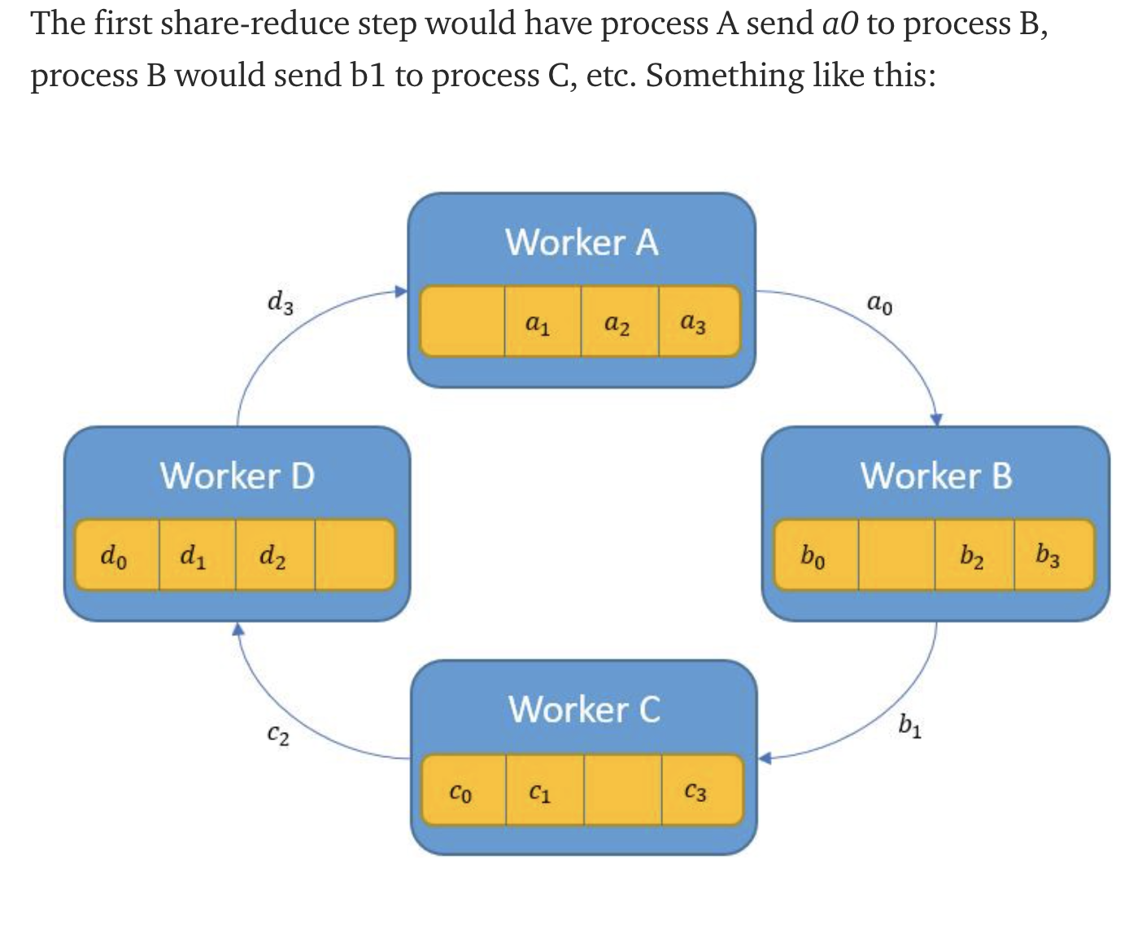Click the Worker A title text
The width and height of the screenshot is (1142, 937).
(x=582, y=242)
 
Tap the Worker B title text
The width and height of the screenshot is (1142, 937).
(x=936, y=476)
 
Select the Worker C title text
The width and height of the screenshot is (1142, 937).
(x=584, y=709)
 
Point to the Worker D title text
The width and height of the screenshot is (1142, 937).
(x=237, y=476)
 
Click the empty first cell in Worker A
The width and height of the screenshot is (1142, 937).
(x=462, y=321)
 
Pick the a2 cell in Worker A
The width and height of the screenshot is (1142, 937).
(x=619, y=321)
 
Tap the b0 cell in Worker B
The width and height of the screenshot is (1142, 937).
(x=815, y=555)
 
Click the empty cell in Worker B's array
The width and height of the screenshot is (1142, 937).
(x=896, y=555)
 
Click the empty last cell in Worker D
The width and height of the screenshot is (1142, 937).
(x=354, y=555)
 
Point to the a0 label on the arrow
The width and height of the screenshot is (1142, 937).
(x=879, y=304)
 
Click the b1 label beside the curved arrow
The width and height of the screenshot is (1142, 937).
(x=910, y=725)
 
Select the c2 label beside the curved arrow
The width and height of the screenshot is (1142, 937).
(x=278, y=734)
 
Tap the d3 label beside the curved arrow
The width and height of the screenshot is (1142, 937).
(x=281, y=303)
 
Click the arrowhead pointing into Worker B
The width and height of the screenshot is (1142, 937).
(x=936, y=420)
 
